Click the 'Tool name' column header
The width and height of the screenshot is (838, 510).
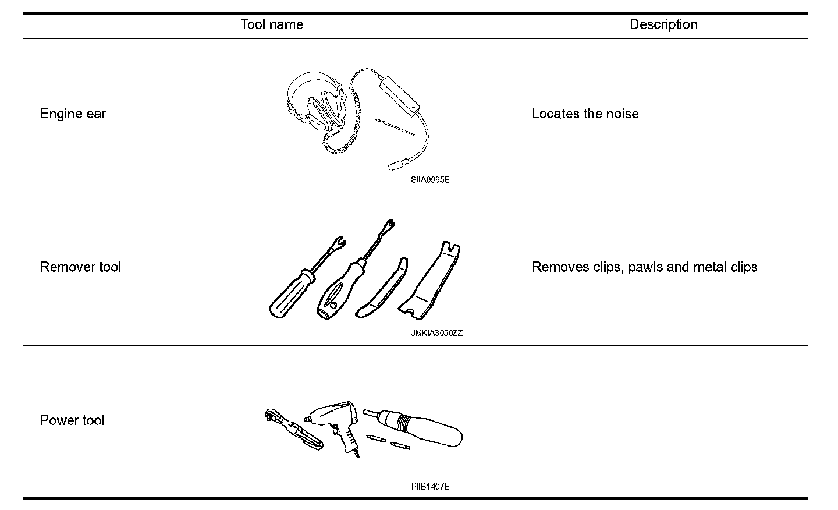point(271,24)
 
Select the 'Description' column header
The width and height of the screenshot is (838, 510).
point(663,24)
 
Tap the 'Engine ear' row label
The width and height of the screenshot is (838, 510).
point(73,114)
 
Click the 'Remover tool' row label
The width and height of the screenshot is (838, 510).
point(80,267)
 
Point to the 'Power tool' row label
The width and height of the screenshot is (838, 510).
point(72,420)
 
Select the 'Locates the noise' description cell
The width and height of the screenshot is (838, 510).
point(585,114)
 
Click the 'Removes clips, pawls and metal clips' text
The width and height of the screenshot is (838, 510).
point(644,267)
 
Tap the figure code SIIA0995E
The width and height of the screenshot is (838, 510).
point(430,180)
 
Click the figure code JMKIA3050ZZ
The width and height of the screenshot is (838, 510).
point(436,333)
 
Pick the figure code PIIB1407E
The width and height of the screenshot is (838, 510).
point(430,487)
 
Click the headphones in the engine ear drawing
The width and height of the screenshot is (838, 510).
point(317,108)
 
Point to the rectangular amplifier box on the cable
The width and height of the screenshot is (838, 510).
point(400,95)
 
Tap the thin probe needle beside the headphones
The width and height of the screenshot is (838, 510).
point(395,127)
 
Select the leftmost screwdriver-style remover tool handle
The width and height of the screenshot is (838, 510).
point(291,294)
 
